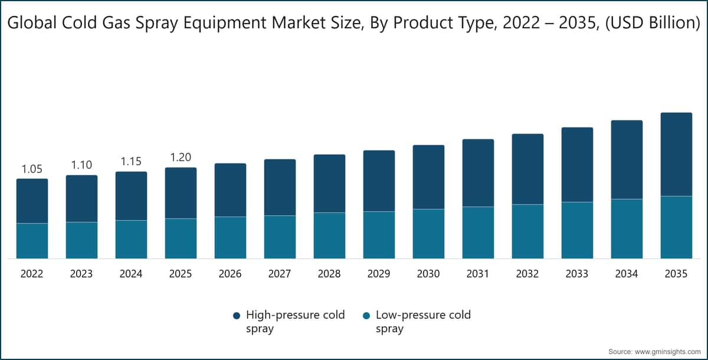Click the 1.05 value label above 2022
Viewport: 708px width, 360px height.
point(32,169)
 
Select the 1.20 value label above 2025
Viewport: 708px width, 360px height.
point(181,158)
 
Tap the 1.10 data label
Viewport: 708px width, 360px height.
point(81,165)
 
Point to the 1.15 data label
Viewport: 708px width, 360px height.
point(131,161)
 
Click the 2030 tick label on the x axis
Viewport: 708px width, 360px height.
point(428,274)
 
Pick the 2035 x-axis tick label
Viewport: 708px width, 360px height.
point(676,274)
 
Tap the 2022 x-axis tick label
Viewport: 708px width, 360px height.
point(32,274)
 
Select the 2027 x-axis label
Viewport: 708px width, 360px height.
point(280,274)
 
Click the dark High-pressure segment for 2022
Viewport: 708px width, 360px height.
point(32,201)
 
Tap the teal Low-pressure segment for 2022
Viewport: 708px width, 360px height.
point(32,241)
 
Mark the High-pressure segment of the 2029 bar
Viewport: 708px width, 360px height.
point(379,181)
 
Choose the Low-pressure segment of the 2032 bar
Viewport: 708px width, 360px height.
point(527,231)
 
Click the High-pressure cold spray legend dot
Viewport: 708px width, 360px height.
point(237,316)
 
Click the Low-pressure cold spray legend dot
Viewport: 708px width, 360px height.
point(366,316)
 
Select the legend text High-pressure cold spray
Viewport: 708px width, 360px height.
point(295,322)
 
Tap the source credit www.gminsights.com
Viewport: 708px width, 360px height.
point(663,351)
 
